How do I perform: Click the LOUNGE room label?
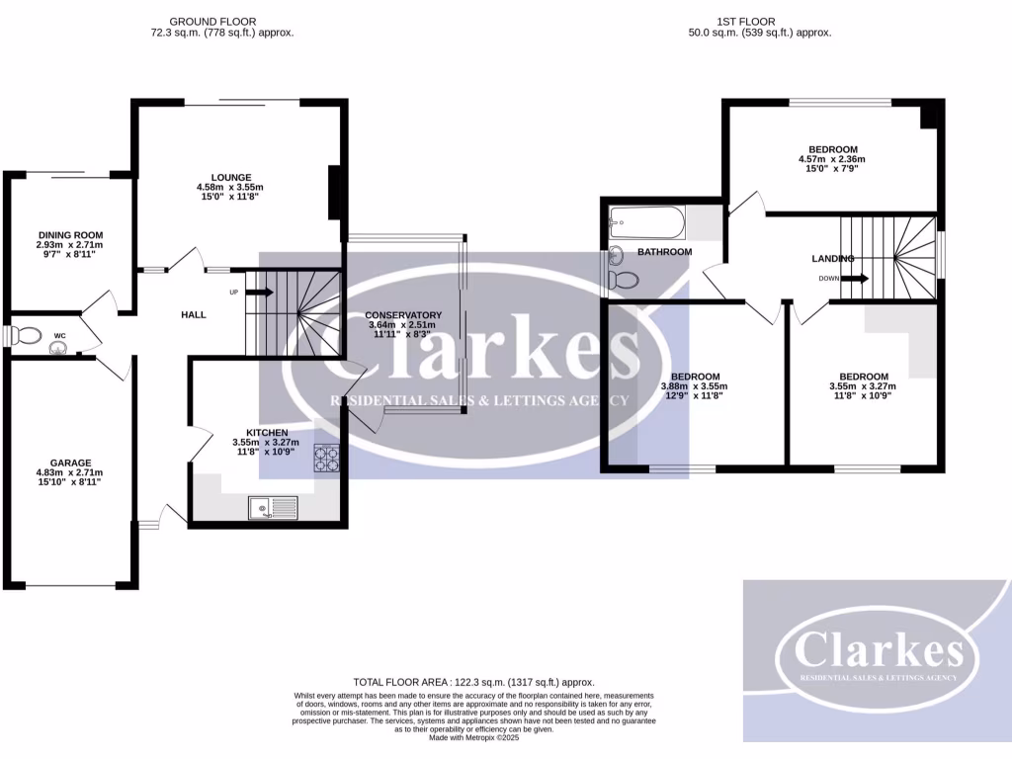230,178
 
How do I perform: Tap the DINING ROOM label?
69,235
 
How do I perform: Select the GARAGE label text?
70,463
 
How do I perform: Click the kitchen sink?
273,508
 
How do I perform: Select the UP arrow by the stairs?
258,293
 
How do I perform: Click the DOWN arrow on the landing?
856,279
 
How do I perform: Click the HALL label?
194,314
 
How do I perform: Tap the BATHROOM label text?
664,252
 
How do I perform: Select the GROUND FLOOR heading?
212,21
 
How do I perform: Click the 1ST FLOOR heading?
745,21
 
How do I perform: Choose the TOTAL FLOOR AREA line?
473,683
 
